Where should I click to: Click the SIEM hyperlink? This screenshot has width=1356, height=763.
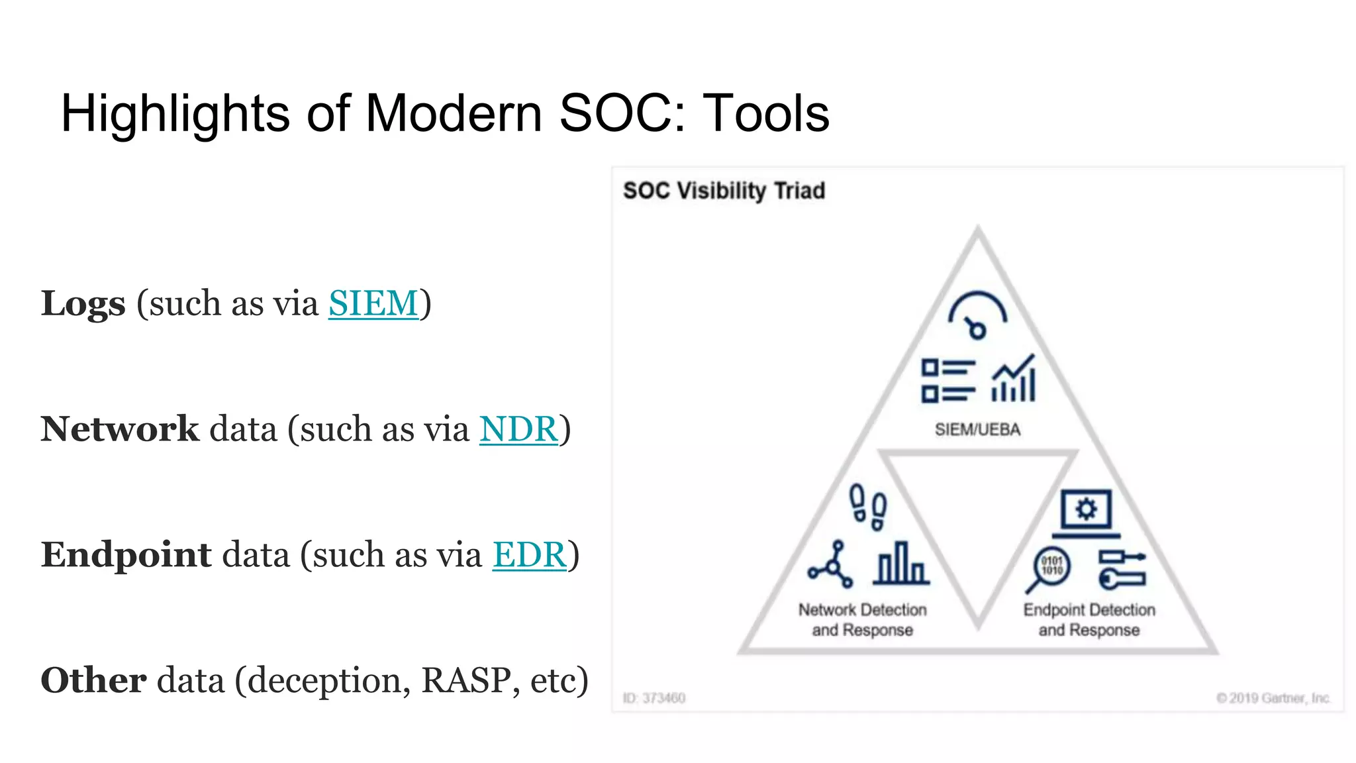click(x=373, y=303)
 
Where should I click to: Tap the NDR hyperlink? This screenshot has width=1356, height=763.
click(x=518, y=429)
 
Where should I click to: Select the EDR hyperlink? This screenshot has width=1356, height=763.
click(x=529, y=555)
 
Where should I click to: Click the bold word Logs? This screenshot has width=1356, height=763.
click(x=83, y=303)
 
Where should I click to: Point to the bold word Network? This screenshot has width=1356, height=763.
click(x=120, y=429)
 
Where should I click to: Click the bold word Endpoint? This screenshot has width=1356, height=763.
click(x=126, y=555)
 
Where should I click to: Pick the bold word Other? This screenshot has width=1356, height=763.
click(x=93, y=680)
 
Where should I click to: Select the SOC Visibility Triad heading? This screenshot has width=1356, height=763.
click(x=724, y=191)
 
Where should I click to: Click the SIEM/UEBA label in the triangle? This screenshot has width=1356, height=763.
click(x=977, y=430)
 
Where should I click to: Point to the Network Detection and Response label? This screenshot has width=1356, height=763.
click(x=862, y=620)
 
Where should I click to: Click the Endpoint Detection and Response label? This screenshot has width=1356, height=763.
click(x=1089, y=620)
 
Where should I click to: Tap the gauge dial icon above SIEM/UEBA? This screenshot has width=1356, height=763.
click(x=977, y=315)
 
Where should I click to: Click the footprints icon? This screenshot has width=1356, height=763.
click(x=868, y=507)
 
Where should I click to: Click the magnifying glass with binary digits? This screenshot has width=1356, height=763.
click(x=1049, y=569)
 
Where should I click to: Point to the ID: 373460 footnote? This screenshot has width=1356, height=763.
click(x=654, y=698)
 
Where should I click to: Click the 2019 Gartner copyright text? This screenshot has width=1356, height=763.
click(x=1273, y=698)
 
